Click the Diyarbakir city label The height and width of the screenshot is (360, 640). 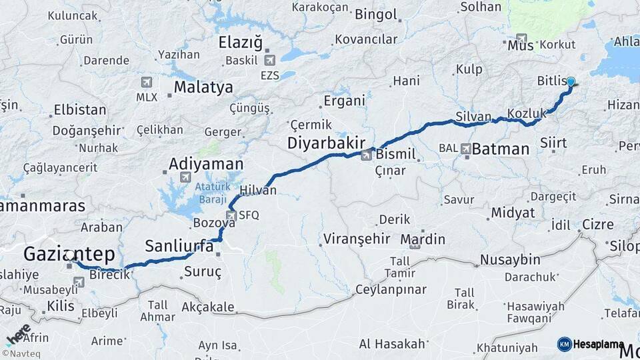click(x=326, y=143)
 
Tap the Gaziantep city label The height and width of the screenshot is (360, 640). click(x=69, y=254)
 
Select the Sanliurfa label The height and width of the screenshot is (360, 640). click(x=179, y=246)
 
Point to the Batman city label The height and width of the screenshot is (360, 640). click(x=500, y=149)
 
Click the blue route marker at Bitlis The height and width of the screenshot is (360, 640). click(x=571, y=82)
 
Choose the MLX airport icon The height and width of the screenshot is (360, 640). click(x=147, y=83)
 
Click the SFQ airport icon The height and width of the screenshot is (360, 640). click(x=231, y=215)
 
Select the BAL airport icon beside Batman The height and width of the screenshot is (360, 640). click(x=465, y=149)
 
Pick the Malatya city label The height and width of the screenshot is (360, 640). click(x=203, y=87)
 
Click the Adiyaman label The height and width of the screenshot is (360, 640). click(x=206, y=164)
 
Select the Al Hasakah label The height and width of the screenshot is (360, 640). click(x=392, y=344)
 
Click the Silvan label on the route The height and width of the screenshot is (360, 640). click(x=473, y=116)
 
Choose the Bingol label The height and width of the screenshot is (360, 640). click(x=376, y=14)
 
